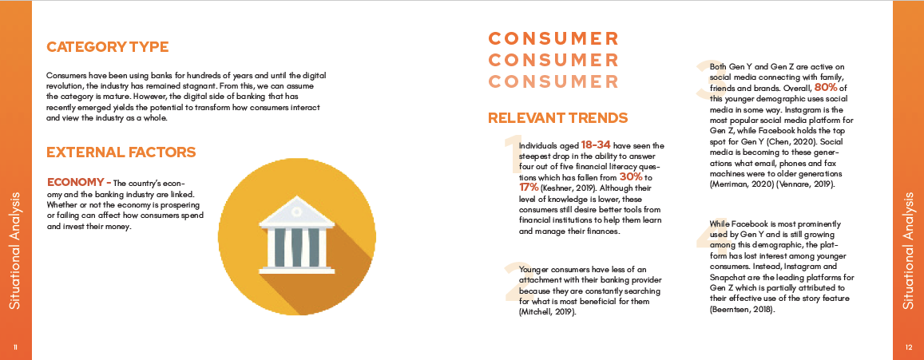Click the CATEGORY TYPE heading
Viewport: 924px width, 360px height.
(x=108, y=47)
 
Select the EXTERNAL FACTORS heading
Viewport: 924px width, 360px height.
(x=121, y=152)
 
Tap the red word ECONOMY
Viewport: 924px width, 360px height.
(x=75, y=181)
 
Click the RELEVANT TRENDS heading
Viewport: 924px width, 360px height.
(x=557, y=118)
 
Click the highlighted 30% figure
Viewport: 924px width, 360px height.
(x=631, y=176)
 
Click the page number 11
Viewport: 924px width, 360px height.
(x=15, y=347)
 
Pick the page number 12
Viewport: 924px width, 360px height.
(x=908, y=347)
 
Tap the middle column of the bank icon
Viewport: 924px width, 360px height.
(x=297, y=247)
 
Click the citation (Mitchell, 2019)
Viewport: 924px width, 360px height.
(x=547, y=312)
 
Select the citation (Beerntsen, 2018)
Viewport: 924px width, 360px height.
(x=741, y=309)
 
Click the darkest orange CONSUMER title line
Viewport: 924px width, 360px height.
(x=554, y=39)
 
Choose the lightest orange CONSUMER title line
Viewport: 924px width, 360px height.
(x=554, y=81)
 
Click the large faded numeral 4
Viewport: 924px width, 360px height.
(x=705, y=241)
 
